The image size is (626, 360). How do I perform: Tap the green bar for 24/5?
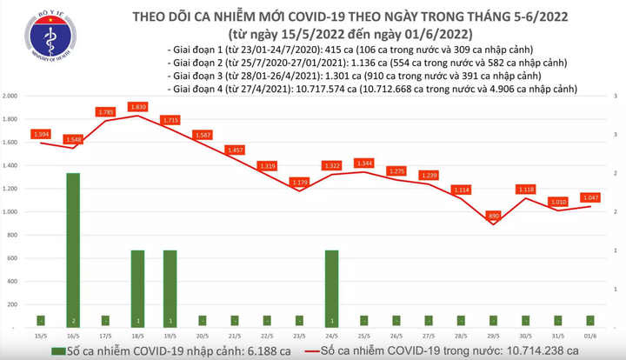tap(332, 288)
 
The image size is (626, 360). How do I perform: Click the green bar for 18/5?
tap(137, 288)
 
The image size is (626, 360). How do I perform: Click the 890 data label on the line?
tap(493, 215)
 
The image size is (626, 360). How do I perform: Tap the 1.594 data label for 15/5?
tap(41, 134)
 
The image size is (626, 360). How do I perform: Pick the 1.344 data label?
tap(364, 163)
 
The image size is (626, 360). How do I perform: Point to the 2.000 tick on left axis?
tap(13, 95)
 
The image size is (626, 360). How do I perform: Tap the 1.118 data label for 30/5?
tap(526, 189)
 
